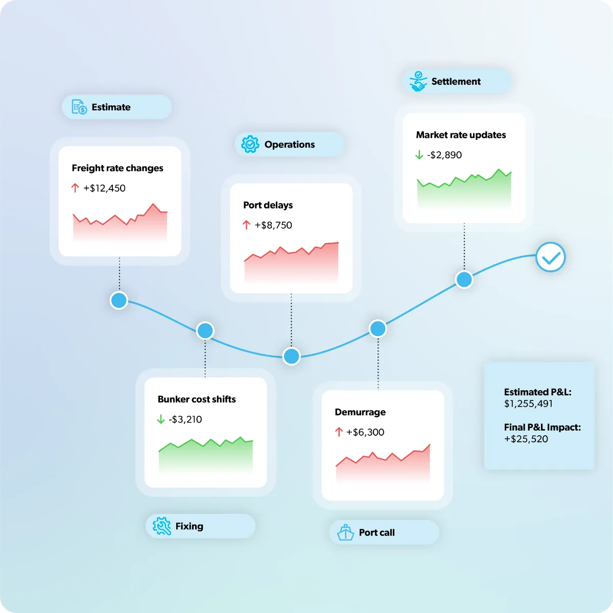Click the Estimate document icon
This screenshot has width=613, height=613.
coord(79,107)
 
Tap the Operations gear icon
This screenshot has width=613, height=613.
coord(250,144)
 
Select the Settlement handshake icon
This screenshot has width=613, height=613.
coord(418,81)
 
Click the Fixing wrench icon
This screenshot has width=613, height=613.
coord(161,526)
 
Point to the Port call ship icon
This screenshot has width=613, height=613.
coord(345,532)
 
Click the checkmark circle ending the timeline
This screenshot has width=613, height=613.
coord(551,257)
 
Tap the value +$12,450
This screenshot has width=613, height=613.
coord(104,188)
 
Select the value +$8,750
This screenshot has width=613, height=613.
coord(273,225)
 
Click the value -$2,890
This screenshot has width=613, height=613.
coord(444,155)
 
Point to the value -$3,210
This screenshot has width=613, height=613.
coord(185,419)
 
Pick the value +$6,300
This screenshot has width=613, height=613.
coord(365,432)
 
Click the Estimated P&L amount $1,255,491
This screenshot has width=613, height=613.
coord(528,404)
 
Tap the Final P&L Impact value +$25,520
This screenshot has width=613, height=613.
coord(526,439)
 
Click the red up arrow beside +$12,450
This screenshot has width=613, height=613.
coord(75,187)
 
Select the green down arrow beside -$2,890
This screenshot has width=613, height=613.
coord(419,155)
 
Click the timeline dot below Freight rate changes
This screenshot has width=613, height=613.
coord(119,300)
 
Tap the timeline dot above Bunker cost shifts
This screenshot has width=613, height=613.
coord(205,331)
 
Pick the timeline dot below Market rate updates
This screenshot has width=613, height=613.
coord(464,279)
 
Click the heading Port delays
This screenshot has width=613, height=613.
coord(268,205)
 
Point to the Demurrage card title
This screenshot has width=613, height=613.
coord(360,412)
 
